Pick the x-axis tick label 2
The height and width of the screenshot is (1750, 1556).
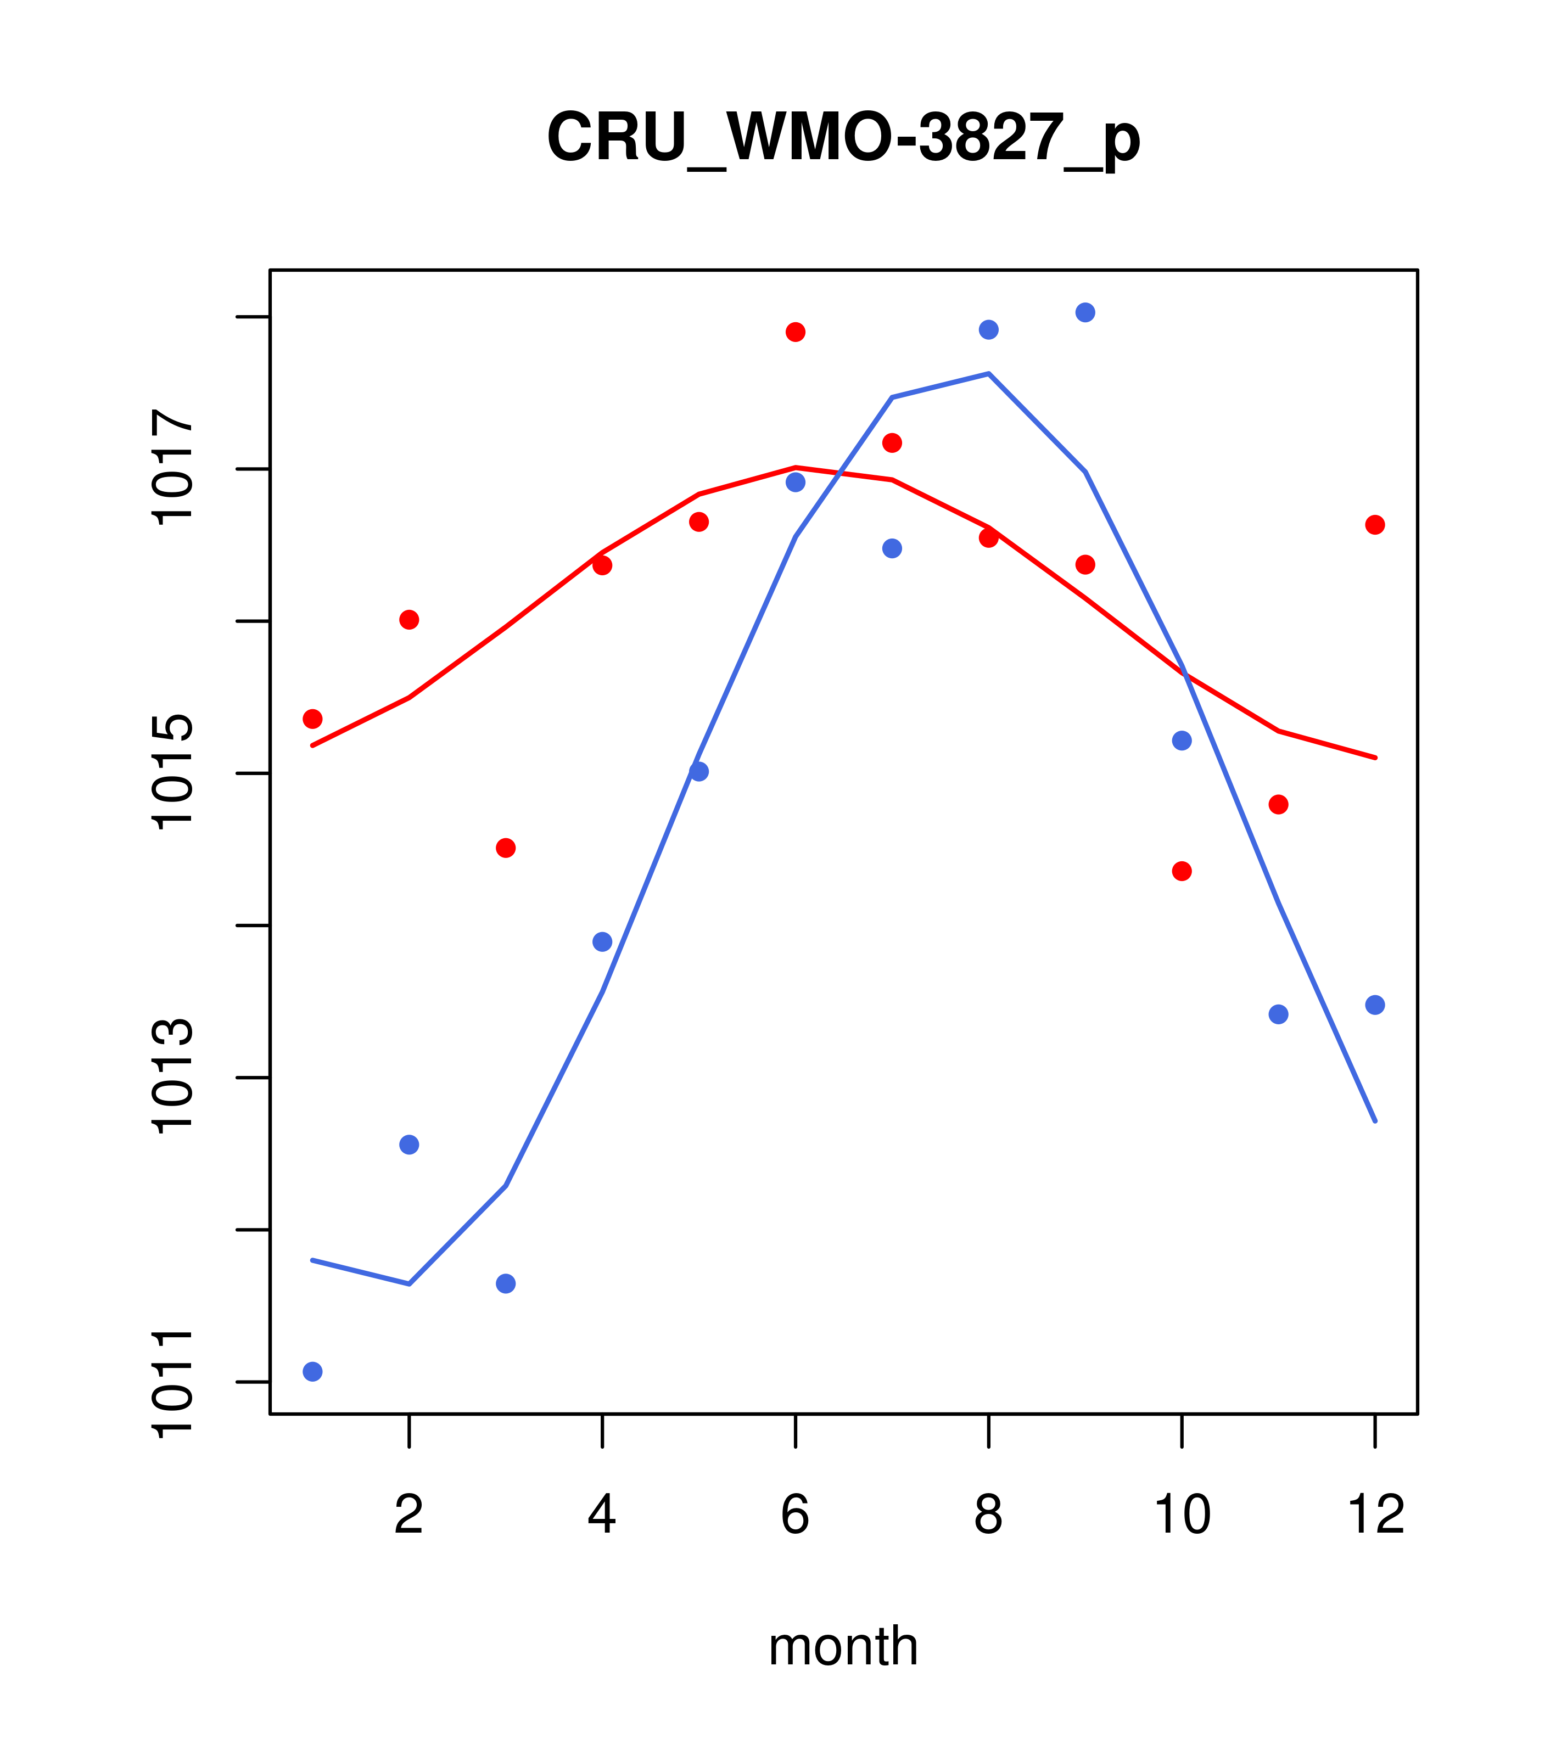point(410,1515)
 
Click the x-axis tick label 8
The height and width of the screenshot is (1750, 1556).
point(988,1515)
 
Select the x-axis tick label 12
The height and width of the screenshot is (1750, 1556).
point(1375,1515)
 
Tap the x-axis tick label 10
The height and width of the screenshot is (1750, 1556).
point(1182,1515)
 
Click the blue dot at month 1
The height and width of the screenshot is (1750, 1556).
point(312,1372)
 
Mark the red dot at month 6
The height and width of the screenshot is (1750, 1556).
point(796,332)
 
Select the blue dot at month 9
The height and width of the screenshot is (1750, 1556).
point(1085,312)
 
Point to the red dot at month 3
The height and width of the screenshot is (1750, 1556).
point(506,848)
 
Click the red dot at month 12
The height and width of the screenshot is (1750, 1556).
point(1375,525)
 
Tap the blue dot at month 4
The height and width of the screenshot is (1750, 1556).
point(603,942)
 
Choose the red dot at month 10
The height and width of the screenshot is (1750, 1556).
point(1182,871)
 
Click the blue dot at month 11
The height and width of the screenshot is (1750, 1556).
point(1279,1014)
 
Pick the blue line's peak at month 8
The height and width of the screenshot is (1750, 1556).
point(988,373)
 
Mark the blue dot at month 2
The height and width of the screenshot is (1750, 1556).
point(410,1145)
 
